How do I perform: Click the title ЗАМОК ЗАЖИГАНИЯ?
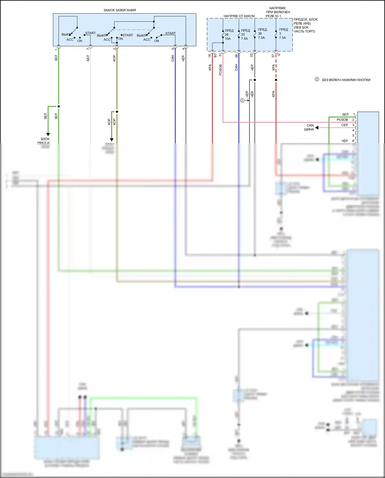coord(120,10)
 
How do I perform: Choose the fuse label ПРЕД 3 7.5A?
coord(283,34)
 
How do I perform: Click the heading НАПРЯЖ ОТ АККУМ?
coord(239,16)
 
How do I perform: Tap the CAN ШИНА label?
coord(310,127)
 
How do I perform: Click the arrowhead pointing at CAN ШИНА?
coord(317,128)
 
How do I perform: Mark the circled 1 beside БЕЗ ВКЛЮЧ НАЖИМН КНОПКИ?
coord(317,79)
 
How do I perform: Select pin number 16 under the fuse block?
coord(210,55)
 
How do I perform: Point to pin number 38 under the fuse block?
coord(236,55)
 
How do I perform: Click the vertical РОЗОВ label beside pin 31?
coord(220,70)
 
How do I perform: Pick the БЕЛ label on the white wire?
coord(88,58)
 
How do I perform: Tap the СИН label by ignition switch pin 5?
coord(173,58)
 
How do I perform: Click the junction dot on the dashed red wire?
coord(276,80)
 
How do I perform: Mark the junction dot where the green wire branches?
coord(59,106)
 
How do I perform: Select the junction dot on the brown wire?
coord(117,112)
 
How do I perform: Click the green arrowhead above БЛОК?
coord(48,134)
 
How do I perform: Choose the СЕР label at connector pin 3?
coord(344,125)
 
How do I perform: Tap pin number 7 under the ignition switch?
coord(88,49)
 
